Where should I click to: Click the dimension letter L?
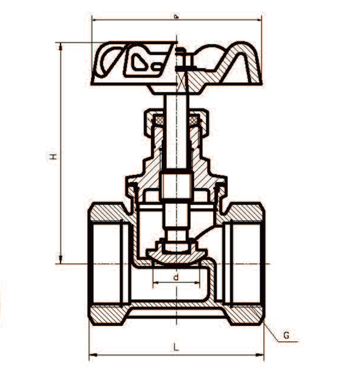tap(176, 347)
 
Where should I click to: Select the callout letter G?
tap(286, 336)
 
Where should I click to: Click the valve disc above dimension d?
tap(176, 254)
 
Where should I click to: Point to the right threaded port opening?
tap(246, 263)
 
